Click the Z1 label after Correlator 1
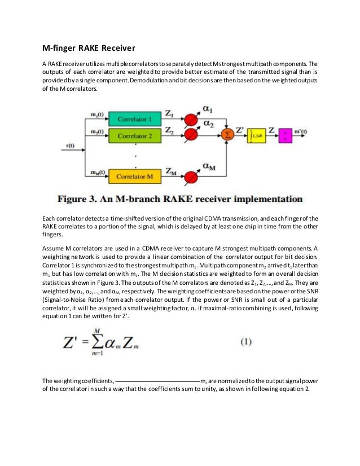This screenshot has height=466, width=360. pyautogui.click(x=169, y=113)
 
